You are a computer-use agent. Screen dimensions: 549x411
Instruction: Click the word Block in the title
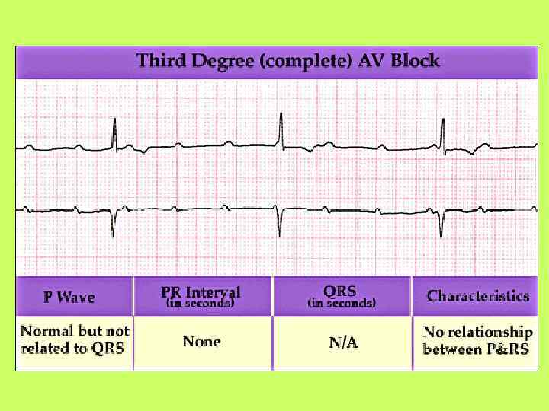pos(416,61)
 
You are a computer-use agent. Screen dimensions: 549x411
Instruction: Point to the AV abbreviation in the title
pos(371,61)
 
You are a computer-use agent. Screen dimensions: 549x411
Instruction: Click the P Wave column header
pos(69,297)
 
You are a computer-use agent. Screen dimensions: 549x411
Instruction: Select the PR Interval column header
pos(201,292)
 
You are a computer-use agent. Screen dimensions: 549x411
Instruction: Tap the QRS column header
pos(340,291)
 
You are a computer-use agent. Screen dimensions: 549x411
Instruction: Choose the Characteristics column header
pos(478,296)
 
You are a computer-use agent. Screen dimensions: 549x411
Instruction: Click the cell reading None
pos(202,341)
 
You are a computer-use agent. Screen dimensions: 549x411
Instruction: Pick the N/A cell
pos(343,342)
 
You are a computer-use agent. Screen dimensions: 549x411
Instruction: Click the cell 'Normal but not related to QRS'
pos(75,340)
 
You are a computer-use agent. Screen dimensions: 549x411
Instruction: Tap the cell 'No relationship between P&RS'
pos(477,340)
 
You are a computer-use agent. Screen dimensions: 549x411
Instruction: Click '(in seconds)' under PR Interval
pos(201,303)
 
